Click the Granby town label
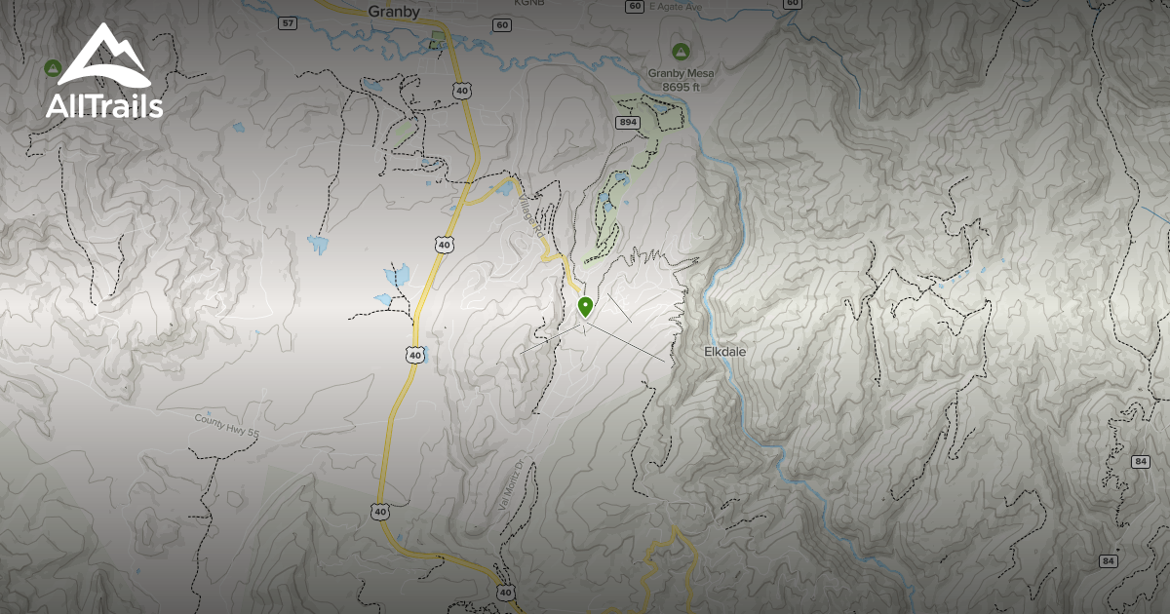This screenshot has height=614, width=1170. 394,13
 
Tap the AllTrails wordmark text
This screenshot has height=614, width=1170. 104,106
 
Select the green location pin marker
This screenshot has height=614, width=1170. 585,308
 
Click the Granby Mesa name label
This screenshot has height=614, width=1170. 682,73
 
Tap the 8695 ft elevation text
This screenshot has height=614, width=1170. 682,87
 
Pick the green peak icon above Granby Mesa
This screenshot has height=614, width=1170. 680,51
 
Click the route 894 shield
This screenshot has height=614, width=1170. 627,122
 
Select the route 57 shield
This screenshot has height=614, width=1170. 287,22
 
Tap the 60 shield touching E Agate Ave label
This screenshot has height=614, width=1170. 635,6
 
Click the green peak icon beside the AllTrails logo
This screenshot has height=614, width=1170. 53,68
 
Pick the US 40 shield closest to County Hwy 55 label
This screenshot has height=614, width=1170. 415,356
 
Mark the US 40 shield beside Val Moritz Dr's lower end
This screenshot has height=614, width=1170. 504,592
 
